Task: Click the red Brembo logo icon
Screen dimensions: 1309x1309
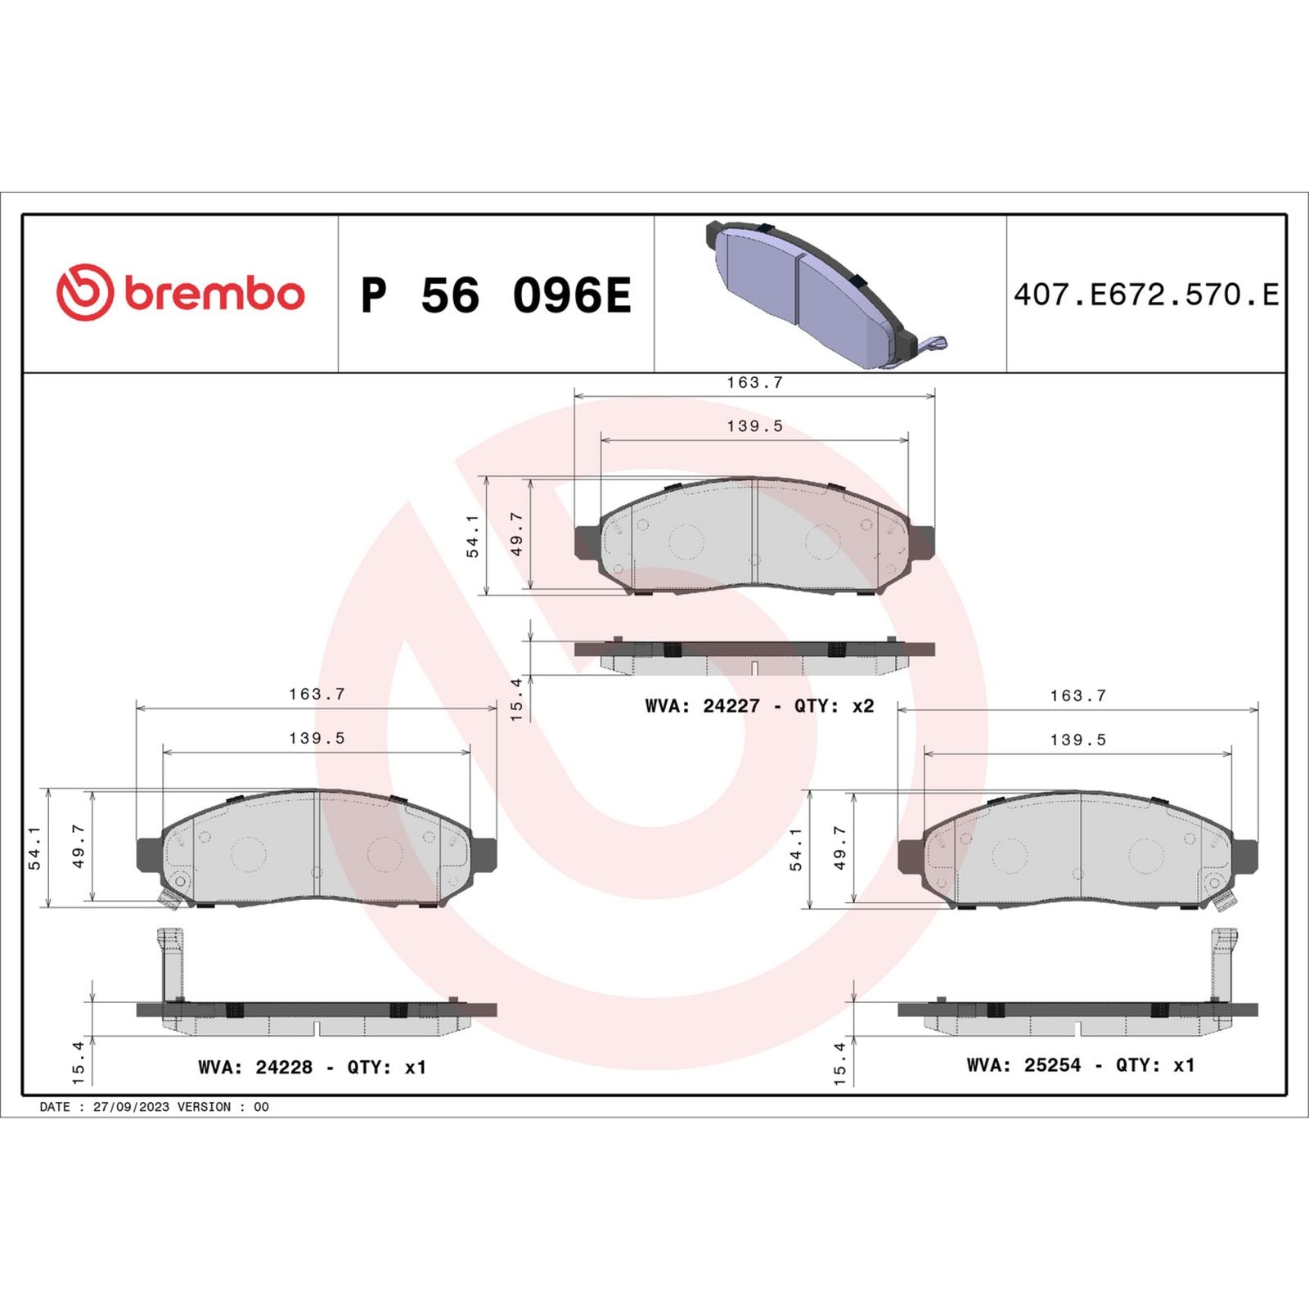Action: pos(84,292)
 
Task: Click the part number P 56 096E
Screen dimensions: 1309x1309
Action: pos(496,295)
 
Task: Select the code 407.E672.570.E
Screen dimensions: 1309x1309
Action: pos(1145,295)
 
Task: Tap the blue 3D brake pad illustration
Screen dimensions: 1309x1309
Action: pos(818,295)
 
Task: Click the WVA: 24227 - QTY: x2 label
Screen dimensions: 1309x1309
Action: pos(759,706)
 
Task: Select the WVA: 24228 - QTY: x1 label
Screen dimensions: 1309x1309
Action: pos(312,1068)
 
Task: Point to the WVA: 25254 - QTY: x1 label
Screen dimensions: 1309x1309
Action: pos(1080,1065)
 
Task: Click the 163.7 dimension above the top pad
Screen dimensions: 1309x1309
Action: pos(754,382)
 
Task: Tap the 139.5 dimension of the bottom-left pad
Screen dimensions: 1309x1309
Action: pos(317,738)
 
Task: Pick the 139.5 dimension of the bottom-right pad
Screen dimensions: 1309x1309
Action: pos(1077,740)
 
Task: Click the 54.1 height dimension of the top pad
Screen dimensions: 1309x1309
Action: pos(473,537)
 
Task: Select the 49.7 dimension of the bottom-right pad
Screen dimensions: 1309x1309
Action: pos(839,848)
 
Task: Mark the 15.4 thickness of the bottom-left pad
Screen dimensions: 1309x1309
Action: pos(79,1062)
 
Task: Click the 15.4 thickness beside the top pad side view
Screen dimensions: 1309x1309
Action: pos(516,699)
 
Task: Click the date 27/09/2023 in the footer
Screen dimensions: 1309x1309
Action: pos(131,1107)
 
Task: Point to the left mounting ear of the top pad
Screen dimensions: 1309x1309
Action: pos(587,541)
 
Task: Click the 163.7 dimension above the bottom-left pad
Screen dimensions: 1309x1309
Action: pos(317,694)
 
